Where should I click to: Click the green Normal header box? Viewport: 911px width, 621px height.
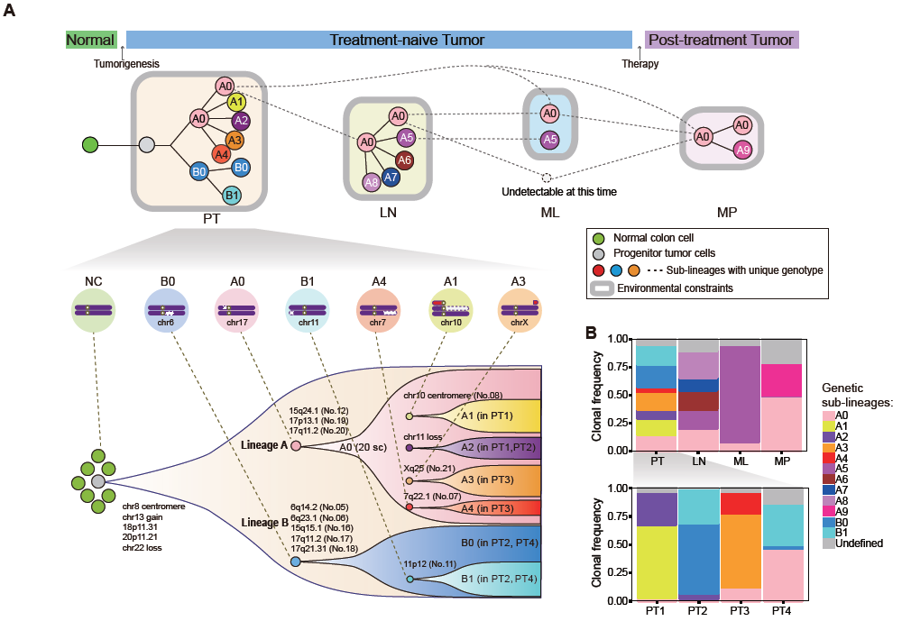click(x=91, y=40)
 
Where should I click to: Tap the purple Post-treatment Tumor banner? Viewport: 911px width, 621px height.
click(x=722, y=40)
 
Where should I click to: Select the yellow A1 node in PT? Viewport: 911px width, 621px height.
click(x=236, y=103)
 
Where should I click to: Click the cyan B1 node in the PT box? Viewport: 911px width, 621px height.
click(x=232, y=196)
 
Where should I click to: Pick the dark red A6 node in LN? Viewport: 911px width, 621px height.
click(x=404, y=160)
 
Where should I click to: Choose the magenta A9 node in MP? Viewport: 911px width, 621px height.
click(x=743, y=151)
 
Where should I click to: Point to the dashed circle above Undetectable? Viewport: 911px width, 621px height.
click(x=546, y=178)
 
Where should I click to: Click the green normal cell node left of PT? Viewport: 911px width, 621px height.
click(x=90, y=144)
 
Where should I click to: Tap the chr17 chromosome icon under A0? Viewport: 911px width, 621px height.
click(x=237, y=310)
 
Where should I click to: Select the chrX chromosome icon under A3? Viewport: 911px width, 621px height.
click(x=520, y=310)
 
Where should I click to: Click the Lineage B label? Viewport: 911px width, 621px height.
click(x=265, y=523)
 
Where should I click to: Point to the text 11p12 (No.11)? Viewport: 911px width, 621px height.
click(x=430, y=563)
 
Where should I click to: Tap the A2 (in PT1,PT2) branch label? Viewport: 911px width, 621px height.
click(x=499, y=447)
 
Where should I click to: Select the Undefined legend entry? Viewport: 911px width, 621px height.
click(x=852, y=543)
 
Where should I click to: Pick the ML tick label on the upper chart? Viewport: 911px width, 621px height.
click(x=741, y=461)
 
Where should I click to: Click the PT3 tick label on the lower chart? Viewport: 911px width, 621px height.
click(x=740, y=610)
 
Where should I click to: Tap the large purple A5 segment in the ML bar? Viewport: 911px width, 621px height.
click(x=741, y=395)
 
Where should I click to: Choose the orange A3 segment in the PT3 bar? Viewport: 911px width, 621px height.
click(x=741, y=552)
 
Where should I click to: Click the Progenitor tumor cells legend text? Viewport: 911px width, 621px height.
click(x=664, y=253)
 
